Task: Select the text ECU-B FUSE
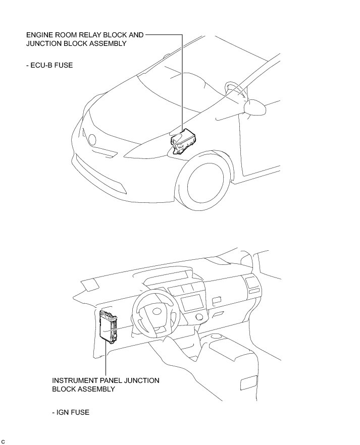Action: pos(49,65)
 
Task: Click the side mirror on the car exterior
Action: pos(255,107)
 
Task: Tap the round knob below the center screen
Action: pos(199,317)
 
